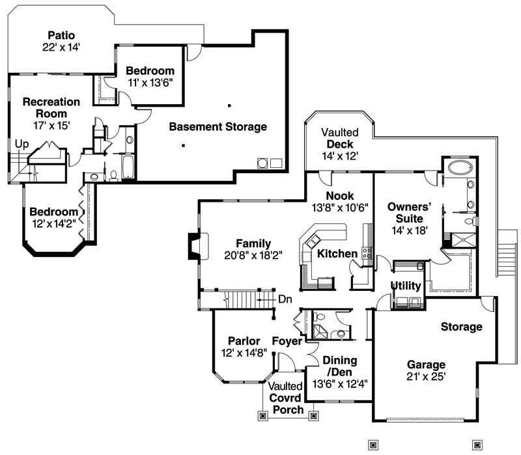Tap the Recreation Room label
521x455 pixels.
51,107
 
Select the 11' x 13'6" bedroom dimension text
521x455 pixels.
150,83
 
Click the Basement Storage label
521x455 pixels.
218,126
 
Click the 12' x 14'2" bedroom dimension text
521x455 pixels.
53,223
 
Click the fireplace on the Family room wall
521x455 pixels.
194,247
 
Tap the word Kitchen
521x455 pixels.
337,253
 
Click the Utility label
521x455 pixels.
406,286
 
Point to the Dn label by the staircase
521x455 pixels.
285,299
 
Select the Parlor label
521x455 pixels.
244,341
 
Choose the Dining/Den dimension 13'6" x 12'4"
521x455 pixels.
340,383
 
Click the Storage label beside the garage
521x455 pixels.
461,326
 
